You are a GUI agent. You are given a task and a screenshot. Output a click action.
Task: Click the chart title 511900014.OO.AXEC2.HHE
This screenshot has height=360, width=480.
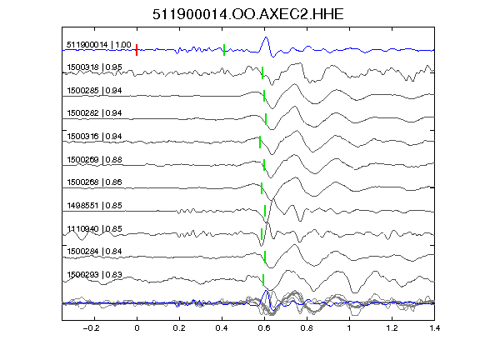pyautogui.click(x=248, y=14)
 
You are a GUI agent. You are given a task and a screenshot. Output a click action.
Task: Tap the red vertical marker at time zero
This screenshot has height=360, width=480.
pyautogui.click(x=137, y=50)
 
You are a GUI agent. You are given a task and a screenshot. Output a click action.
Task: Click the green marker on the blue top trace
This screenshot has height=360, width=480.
pyautogui.click(x=224, y=50)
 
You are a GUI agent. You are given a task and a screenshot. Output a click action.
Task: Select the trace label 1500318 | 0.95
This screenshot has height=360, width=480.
pyautogui.click(x=94, y=67)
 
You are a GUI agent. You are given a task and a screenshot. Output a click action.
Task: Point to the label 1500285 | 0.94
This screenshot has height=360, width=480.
pyautogui.click(x=94, y=91)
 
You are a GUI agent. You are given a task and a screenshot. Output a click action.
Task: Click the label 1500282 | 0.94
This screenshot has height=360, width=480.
pyautogui.click(x=94, y=113)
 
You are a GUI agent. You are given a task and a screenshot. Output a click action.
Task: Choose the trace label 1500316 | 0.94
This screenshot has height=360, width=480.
pyautogui.click(x=94, y=136)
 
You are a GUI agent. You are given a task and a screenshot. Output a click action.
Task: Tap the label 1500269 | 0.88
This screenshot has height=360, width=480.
pyautogui.click(x=94, y=160)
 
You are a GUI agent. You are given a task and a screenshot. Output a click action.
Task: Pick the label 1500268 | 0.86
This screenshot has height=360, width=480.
pyautogui.click(x=94, y=182)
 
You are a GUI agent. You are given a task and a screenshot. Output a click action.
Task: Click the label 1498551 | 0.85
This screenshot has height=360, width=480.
pyautogui.click(x=94, y=205)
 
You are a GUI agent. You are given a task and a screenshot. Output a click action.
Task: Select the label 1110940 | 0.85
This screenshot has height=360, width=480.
pyautogui.click(x=94, y=229)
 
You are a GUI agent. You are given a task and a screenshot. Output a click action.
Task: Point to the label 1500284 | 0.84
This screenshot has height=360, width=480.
pyautogui.click(x=94, y=252)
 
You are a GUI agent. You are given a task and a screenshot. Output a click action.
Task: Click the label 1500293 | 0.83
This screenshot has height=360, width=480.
pyautogui.click(x=94, y=275)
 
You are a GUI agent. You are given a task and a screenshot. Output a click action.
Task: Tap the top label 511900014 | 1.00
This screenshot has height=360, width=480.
pyautogui.click(x=99, y=45)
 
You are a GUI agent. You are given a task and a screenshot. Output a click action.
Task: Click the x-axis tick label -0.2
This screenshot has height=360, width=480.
pyautogui.click(x=91, y=328)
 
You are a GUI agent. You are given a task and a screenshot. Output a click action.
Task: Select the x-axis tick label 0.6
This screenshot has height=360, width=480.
pyautogui.click(x=264, y=328)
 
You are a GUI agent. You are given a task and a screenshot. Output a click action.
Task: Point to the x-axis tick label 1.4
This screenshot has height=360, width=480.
pyautogui.click(x=434, y=328)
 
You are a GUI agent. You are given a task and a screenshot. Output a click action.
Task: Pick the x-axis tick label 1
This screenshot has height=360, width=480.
pyautogui.click(x=349, y=328)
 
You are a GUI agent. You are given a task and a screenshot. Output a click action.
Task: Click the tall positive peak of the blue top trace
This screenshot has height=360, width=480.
pyautogui.click(x=266, y=37)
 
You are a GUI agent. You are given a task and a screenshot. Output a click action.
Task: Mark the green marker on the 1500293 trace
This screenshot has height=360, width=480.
pyautogui.click(x=263, y=280)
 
